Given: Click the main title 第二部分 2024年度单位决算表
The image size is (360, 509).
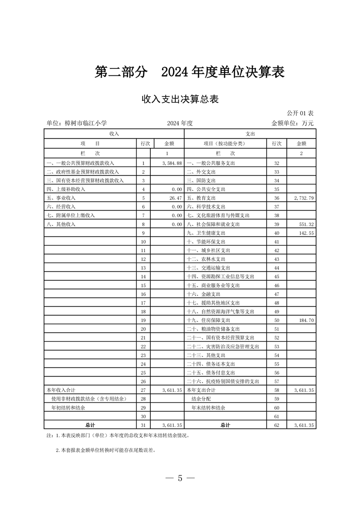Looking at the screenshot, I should click(x=189, y=72).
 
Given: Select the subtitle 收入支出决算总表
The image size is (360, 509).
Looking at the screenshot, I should click(x=180, y=99).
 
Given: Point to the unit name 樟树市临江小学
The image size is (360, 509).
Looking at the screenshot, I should click(x=77, y=123).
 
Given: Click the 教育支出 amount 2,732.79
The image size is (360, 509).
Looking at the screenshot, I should click(x=303, y=198).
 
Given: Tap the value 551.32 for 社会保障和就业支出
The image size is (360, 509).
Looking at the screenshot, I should click(x=306, y=225).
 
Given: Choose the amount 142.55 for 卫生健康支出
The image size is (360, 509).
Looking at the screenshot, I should click(x=306, y=233).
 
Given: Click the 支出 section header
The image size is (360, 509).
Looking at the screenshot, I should click(x=250, y=134).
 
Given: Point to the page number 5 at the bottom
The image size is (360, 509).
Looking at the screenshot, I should click(x=180, y=478).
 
